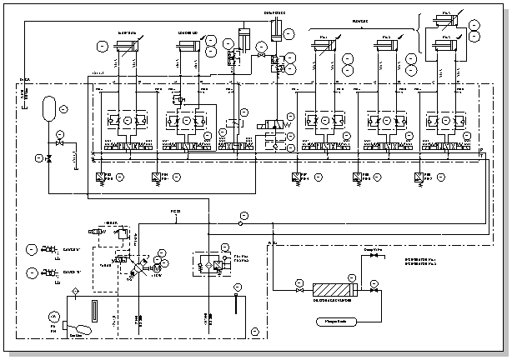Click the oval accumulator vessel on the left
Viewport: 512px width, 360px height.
click(48, 107)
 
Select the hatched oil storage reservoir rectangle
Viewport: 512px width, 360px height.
click(333, 290)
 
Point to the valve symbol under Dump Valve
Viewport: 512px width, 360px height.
click(372, 256)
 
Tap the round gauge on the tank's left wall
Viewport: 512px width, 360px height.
click(55, 317)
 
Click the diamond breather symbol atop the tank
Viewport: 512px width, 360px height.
click(76, 290)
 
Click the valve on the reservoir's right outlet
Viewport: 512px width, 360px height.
click(374, 290)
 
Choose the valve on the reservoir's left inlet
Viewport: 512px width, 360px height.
click(299, 290)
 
